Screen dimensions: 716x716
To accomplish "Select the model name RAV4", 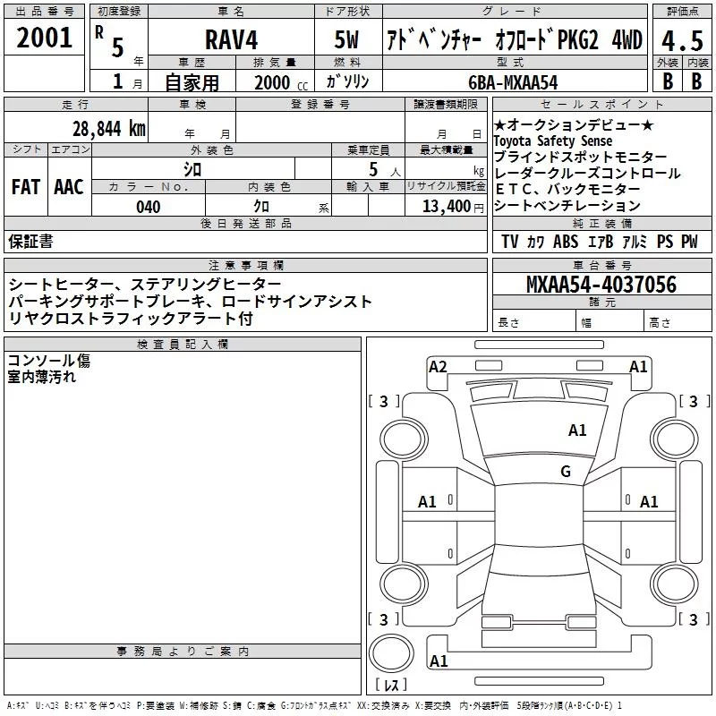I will [x=230, y=41].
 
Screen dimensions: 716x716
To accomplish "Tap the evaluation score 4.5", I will [x=681, y=41].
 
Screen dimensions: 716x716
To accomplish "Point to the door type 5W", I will [x=348, y=41].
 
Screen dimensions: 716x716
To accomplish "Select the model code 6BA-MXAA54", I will [x=513, y=82].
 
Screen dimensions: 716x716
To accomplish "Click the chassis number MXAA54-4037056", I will [x=601, y=285].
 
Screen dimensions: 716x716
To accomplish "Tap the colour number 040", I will [x=148, y=207].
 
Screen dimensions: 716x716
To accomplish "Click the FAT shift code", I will [x=25, y=187].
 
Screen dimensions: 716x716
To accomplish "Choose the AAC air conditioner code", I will [x=69, y=187].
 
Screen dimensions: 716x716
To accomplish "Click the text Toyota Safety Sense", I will [x=553, y=141].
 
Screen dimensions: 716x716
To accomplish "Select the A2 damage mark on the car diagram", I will [x=438, y=366].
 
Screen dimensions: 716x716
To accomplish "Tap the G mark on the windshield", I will [x=566, y=472].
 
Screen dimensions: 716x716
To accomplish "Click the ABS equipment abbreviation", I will [x=566, y=242].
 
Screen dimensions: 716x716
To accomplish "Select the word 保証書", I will [x=30, y=241].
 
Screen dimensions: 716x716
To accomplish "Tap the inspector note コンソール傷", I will [x=48, y=361].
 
